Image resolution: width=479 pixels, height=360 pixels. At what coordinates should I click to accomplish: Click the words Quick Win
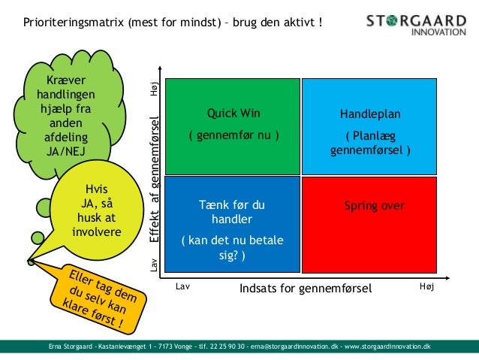[233, 114]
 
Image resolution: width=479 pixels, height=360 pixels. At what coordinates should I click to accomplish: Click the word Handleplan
[370, 115]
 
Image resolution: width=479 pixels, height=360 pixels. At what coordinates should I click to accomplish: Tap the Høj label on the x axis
[427, 287]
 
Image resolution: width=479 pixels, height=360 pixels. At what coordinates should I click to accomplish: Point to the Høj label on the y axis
[155, 89]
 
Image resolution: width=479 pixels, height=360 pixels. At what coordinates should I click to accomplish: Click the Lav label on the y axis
[155, 264]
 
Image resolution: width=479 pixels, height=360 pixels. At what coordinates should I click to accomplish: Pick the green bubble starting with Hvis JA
[96, 210]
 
